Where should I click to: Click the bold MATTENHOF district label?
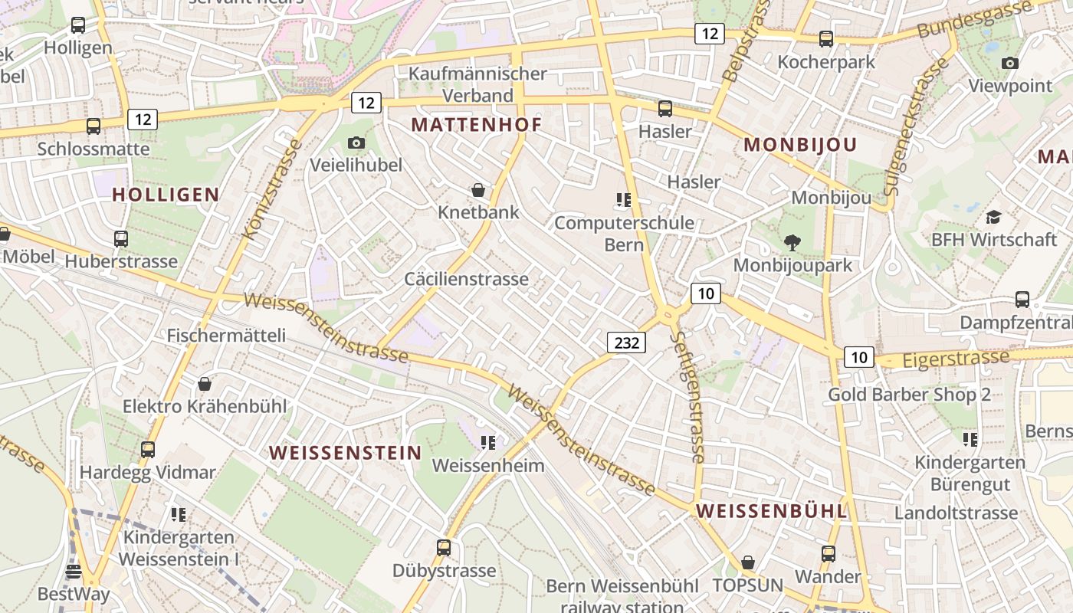pyautogui.click(x=476, y=125)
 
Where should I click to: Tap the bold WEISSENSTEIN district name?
pyautogui.click(x=346, y=453)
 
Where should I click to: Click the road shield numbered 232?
pyautogui.click(x=626, y=343)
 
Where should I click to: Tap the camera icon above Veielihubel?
pyautogui.click(x=356, y=143)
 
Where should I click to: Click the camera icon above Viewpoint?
pyautogui.click(x=1010, y=63)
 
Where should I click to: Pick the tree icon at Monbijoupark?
pyautogui.click(x=792, y=243)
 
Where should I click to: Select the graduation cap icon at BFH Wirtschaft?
pyautogui.click(x=993, y=217)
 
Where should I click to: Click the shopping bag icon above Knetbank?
pyautogui.click(x=478, y=190)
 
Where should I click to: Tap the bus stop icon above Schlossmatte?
pyautogui.click(x=94, y=126)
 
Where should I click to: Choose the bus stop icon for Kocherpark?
pyautogui.click(x=825, y=39)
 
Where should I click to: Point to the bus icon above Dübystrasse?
pyautogui.click(x=444, y=548)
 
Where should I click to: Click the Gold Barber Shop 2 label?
pyautogui.click(x=909, y=395)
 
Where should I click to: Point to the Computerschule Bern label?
pyautogui.click(x=624, y=234)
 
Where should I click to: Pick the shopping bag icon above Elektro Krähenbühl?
pyautogui.click(x=205, y=383)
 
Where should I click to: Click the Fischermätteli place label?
pyautogui.click(x=226, y=336)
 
